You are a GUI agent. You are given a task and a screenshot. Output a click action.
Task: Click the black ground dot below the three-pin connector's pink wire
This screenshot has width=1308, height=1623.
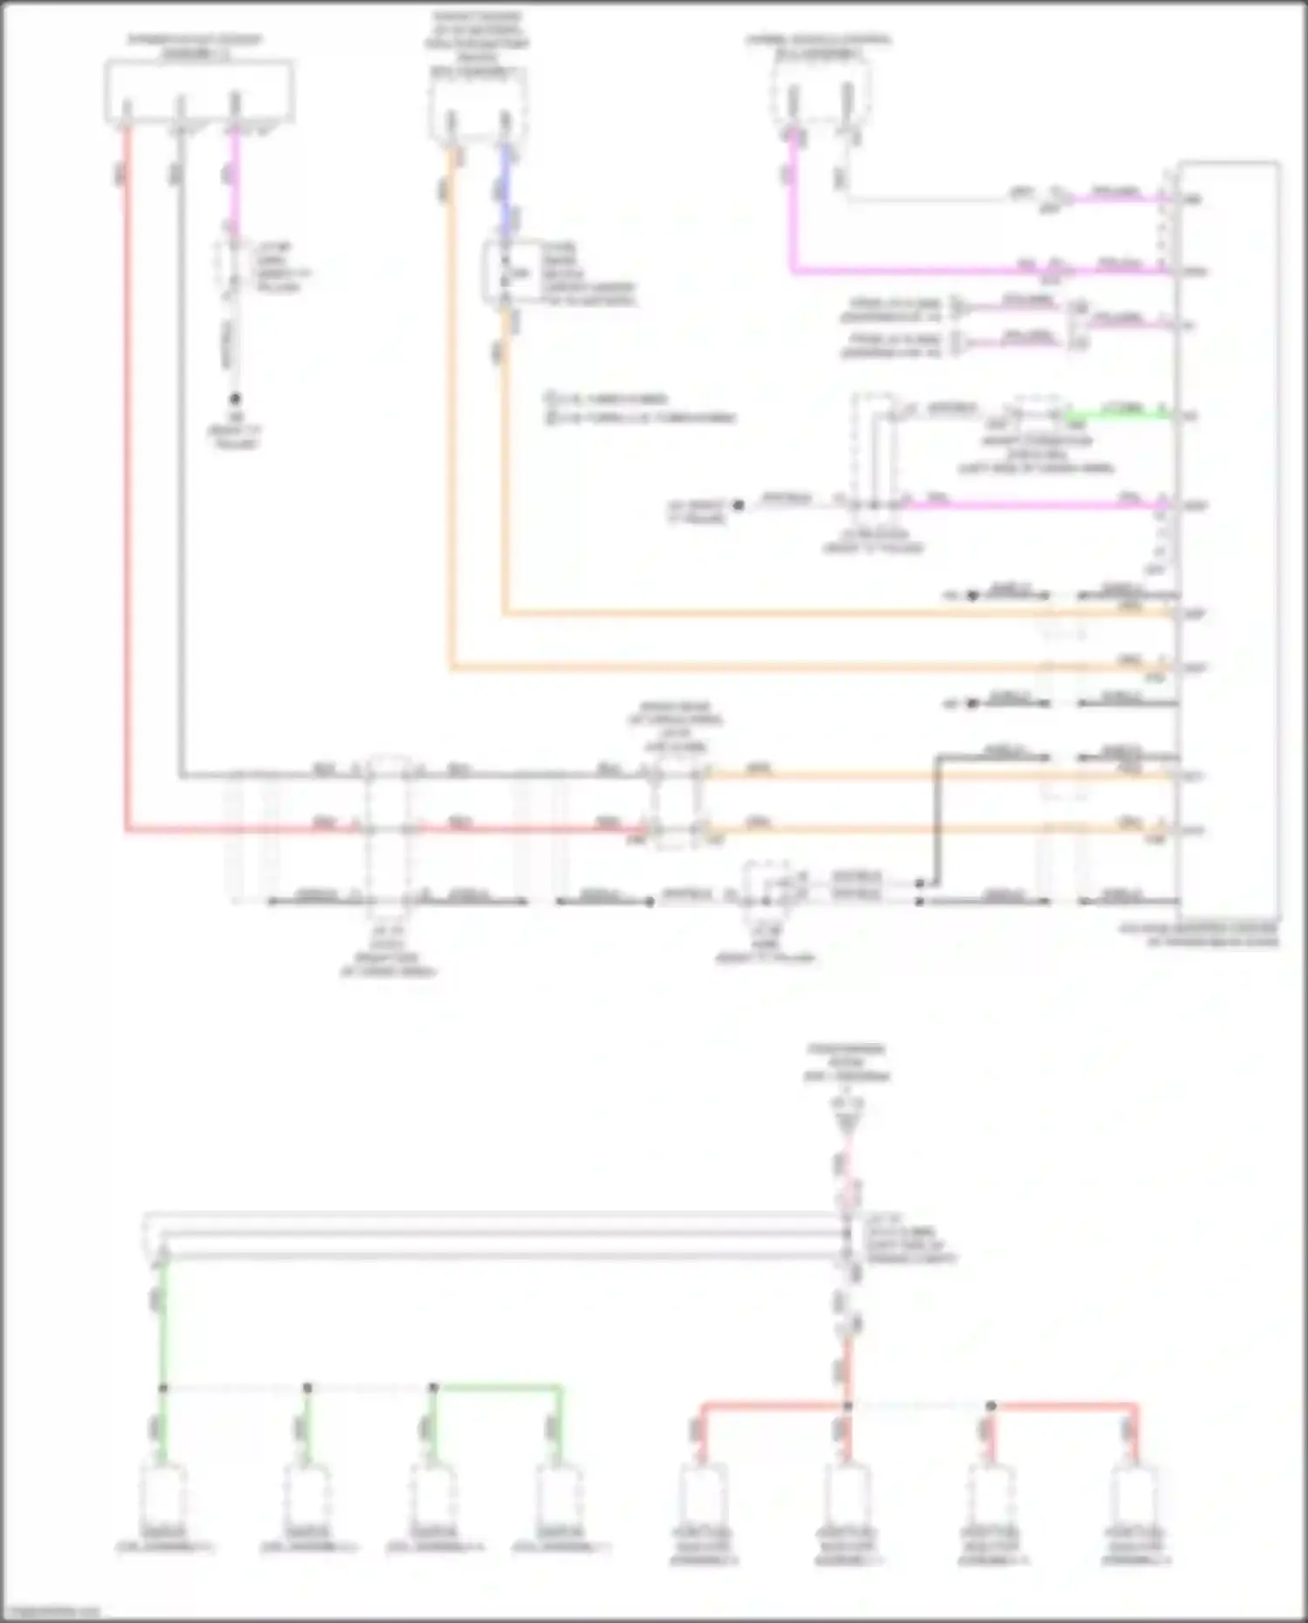point(235,399)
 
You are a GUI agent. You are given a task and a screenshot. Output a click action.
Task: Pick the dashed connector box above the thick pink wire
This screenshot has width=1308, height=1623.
point(818,96)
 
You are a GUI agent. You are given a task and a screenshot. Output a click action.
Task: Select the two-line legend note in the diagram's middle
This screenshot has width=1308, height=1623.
point(641,407)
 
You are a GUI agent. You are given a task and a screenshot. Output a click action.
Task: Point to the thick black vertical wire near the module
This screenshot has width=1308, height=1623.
point(937,815)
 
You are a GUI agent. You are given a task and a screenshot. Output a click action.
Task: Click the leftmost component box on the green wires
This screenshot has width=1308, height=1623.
point(164,1497)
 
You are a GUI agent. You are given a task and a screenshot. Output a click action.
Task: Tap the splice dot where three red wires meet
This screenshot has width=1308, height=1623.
point(847,1406)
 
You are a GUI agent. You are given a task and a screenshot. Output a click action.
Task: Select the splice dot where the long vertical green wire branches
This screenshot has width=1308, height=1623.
point(163,1388)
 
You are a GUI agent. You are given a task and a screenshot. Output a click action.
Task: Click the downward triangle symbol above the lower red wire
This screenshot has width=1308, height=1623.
point(847,1126)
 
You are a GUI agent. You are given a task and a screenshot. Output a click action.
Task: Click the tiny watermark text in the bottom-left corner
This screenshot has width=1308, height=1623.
point(51,1612)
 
